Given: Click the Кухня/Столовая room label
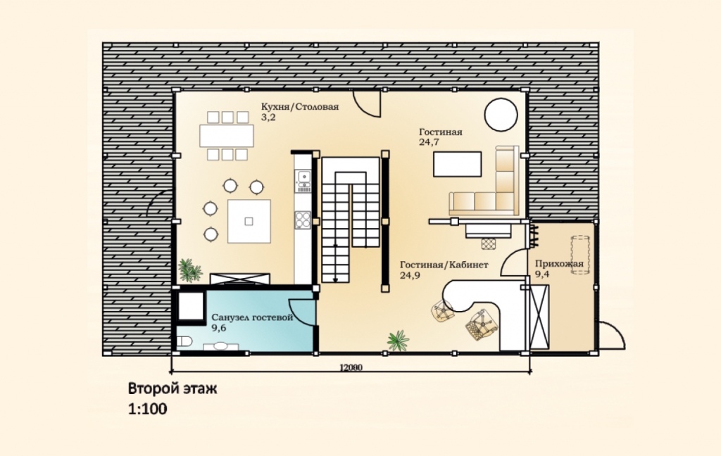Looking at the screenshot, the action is [x=300, y=107].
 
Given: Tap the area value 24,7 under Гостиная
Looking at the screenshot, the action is [x=429, y=142].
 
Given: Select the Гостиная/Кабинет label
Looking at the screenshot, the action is [x=444, y=265].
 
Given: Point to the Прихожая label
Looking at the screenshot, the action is [x=559, y=264].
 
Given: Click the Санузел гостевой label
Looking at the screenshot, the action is [x=252, y=317].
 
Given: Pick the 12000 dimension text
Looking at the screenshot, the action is [x=351, y=368].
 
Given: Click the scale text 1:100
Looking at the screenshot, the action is [x=148, y=409].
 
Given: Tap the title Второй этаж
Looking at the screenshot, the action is [x=173, y=389].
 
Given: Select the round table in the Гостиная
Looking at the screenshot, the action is [x=501, y=115].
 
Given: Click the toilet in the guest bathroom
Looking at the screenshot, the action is [x=184, y=341].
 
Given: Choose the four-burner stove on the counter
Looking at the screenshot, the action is [x=303, y=220].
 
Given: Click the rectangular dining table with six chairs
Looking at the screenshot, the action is [x=227, y=136].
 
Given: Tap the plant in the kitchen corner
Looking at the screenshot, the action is [x=189, y=270].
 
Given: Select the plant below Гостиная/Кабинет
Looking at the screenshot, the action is [x=399, y=341].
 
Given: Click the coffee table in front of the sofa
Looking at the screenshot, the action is [x=457, y=164].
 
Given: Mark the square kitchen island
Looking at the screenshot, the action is [x=249, y=221].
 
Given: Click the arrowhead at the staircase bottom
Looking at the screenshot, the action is [x=335, y=279].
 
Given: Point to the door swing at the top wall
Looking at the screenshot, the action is [x=366, y=103].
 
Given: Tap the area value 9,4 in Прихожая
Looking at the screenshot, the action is [x=542, y=274].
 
